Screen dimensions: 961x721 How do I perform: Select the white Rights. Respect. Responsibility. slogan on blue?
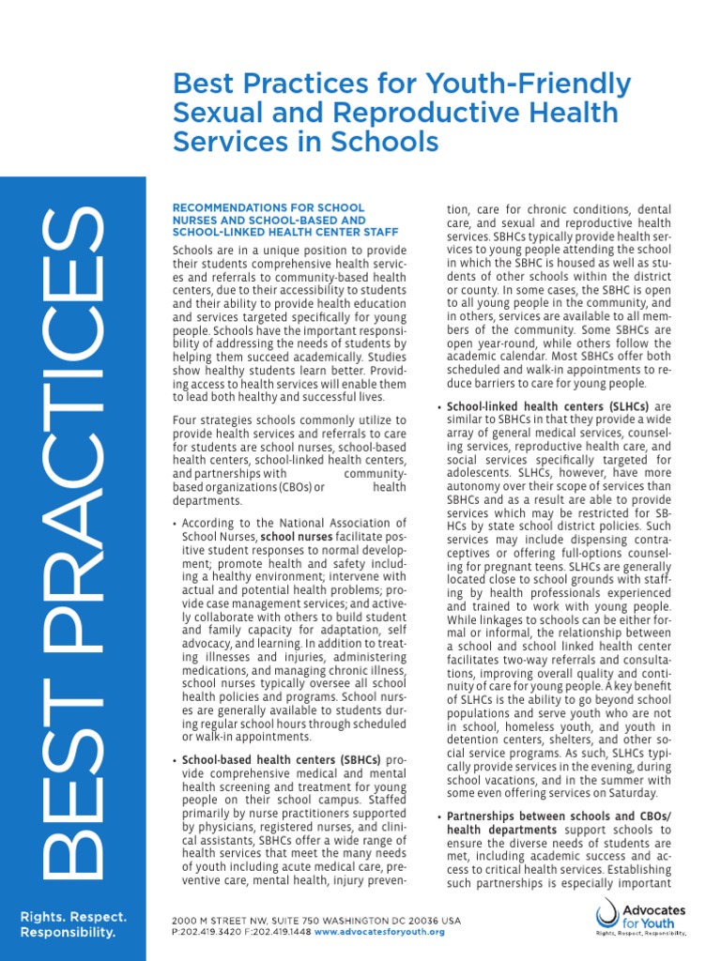73,923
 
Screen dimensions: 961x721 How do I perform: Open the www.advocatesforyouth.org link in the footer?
379,932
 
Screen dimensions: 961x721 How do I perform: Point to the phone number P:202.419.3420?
202,932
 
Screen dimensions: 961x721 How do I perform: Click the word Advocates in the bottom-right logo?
656,910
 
